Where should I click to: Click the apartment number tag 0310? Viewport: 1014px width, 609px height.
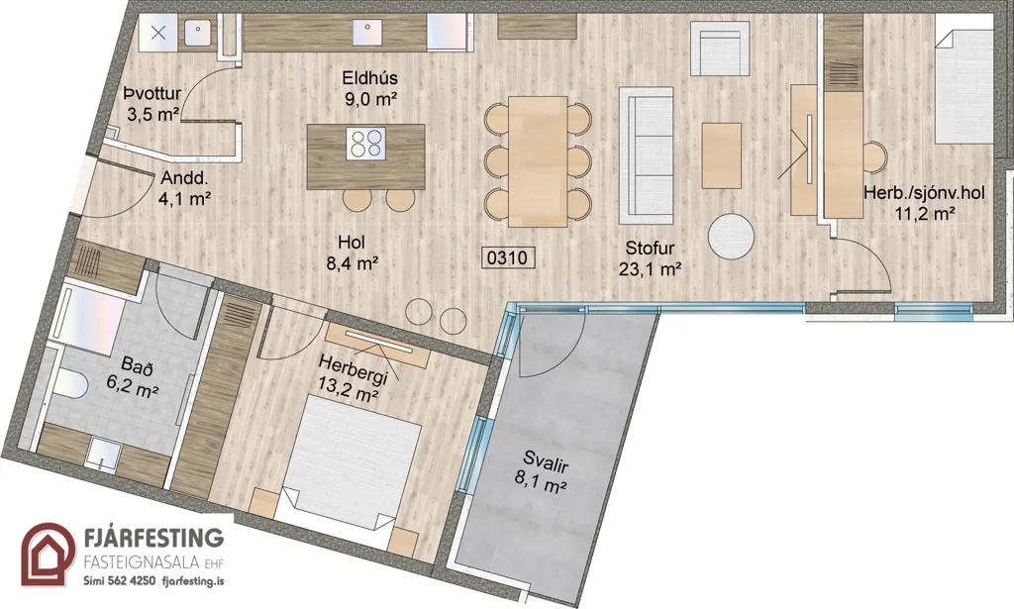[x=509, y=257]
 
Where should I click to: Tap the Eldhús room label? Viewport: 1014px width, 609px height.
[x=370, y=78]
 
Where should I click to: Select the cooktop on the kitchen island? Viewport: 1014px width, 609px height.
[x=366, y=144]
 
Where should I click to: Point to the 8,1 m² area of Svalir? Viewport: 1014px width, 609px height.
[x=541, y=485]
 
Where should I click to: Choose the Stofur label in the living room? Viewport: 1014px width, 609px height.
[x=650, y=249]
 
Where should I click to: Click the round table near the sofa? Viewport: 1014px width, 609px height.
[x=731, y=237]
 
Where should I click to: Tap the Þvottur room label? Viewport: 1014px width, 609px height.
[x=152, y=94]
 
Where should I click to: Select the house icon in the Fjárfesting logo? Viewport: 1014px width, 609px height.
[x=48, y=555]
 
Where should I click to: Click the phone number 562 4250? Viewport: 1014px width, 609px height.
[x=134, y=580]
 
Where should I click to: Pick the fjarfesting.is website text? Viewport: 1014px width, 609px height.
[x=194, y=580]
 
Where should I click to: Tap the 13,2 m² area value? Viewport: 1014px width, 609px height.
[x=348, y=394]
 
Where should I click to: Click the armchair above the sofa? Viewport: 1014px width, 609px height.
[x=720, y=49]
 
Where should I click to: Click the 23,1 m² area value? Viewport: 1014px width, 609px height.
[x=650, y=269]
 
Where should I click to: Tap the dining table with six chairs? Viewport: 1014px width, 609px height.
[x=538, y=161]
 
